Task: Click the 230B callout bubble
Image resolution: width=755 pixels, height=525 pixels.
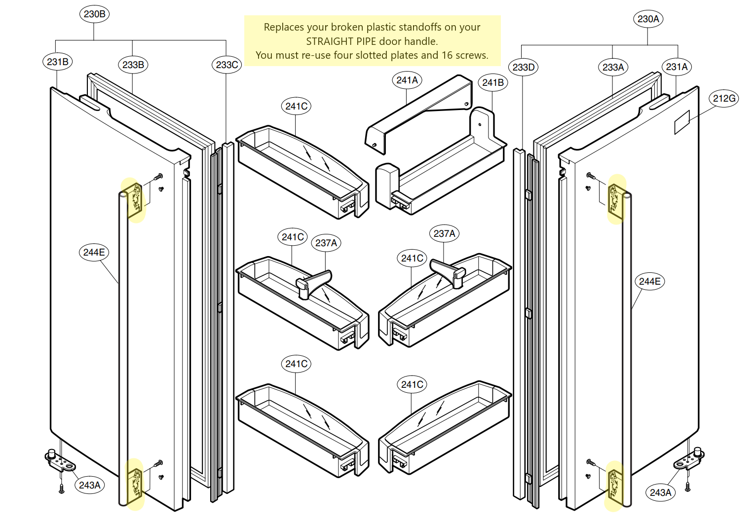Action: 94,14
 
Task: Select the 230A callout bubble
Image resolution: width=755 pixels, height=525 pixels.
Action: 648,19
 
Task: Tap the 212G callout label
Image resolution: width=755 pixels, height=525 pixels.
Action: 724,98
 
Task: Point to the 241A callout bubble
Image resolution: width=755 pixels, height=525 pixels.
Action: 407,80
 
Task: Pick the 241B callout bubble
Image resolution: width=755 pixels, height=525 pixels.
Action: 493,82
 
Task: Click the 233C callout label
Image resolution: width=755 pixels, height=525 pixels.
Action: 227,65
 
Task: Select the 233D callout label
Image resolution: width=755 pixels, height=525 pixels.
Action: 524,67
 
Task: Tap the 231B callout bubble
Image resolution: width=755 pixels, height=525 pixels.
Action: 58,62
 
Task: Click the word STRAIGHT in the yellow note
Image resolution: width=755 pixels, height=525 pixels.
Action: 329,41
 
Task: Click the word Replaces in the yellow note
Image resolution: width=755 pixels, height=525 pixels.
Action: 283,27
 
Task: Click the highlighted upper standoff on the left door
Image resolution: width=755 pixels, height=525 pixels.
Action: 134,200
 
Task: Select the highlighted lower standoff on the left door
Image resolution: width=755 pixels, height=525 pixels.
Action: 135,484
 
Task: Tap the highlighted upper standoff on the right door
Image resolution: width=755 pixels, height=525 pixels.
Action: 615,200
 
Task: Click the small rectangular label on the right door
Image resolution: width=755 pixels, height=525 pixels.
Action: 682,122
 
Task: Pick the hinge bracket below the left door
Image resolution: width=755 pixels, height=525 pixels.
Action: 60,461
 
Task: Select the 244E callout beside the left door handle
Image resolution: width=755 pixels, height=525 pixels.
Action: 94,252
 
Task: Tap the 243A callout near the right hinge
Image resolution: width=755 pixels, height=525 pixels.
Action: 660,492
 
